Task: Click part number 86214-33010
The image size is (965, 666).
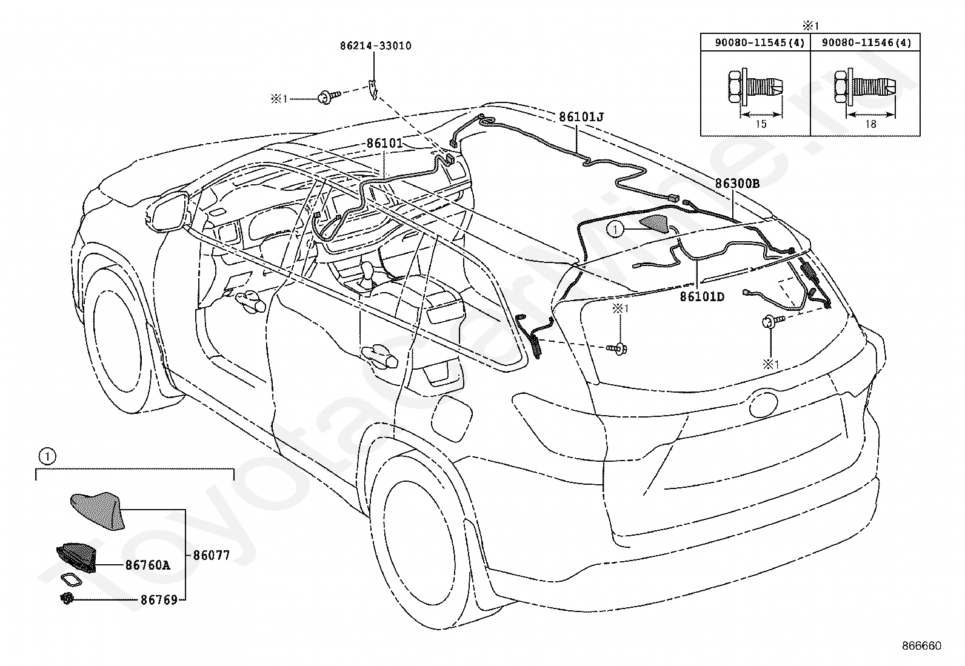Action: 376,45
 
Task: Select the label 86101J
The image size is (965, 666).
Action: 581,117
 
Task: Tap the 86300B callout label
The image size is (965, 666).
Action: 738,184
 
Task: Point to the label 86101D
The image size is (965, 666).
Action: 702,296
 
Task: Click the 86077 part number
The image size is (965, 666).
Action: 211,555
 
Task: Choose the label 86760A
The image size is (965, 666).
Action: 148,565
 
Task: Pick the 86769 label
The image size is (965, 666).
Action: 159,600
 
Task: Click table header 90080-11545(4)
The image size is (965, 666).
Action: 760,42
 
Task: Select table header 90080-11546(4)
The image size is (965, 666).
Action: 867,42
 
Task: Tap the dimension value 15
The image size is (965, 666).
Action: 761,124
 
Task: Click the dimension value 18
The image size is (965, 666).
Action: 870,124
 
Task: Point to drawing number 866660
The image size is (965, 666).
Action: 922,646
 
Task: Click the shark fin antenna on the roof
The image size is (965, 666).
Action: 655,224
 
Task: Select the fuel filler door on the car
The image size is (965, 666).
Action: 452,418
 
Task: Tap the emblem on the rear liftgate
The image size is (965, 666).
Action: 763,404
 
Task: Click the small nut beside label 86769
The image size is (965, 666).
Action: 67,598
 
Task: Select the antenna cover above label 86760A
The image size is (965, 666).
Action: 98,511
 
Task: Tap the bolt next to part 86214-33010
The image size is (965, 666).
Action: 329,98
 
